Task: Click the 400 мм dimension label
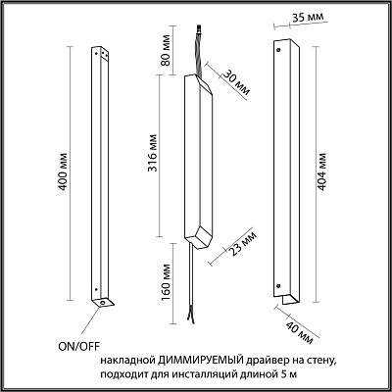click(64, 171)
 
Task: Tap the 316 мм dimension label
click(153, 153)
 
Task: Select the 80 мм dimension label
click(166, 50)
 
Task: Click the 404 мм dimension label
click(321, 171)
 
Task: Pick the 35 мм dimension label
click(307, 17)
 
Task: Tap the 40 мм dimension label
click(300, 333)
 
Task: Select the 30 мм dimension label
click(236, 83)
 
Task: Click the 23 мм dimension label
click(243, 244)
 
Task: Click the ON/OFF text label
click(78, 347)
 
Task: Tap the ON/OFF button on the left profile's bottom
click(103, 303)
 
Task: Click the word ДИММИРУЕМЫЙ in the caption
click(201, 361)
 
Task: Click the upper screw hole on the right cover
click(278, 50)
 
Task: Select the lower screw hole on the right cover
click(278, 286)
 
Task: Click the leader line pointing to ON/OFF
click(90, 320)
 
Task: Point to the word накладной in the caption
click(127, 361)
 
